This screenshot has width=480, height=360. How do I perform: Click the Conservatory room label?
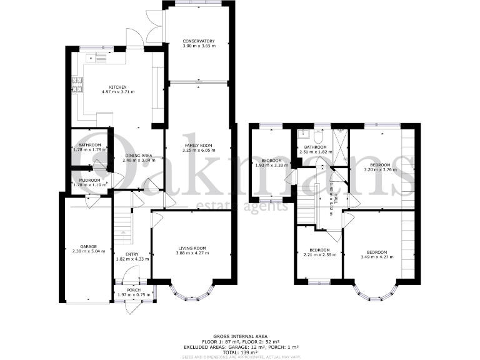coord(199,41)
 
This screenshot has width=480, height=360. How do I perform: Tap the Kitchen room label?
coord(118,87)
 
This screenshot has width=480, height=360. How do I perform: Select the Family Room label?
coord(199,145)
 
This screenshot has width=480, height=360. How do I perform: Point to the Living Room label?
coord(192,248)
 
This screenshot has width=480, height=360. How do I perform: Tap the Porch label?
coord(134,290)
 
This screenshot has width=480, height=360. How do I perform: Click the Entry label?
coord(132,254)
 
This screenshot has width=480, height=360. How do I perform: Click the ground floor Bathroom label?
coord(90,145)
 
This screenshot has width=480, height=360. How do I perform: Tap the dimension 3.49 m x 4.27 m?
coord(377,256)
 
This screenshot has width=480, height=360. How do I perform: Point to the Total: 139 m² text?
coord(240,351)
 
